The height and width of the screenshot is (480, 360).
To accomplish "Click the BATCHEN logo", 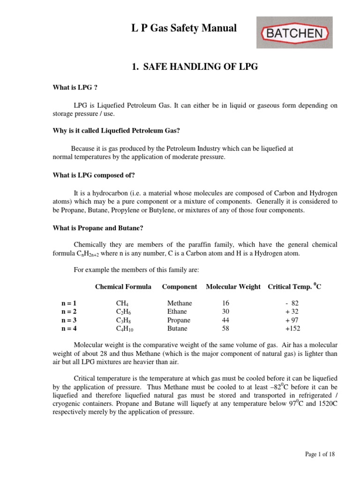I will (x=295, y=32).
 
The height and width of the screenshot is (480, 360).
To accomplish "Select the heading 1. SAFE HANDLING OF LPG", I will (x=195, y=67).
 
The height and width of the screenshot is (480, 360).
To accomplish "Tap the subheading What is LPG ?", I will (x=75, y=88).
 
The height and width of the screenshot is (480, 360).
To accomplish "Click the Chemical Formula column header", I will (x=123, y=286).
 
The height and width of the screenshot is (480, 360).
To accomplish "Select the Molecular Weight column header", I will (x=233, y=286).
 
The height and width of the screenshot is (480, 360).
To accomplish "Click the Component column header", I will (x=180, y=286).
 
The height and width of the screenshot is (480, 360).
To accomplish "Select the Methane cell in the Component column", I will (x=180, y=303).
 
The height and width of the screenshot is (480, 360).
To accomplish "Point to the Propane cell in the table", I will (x=179, y=320).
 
